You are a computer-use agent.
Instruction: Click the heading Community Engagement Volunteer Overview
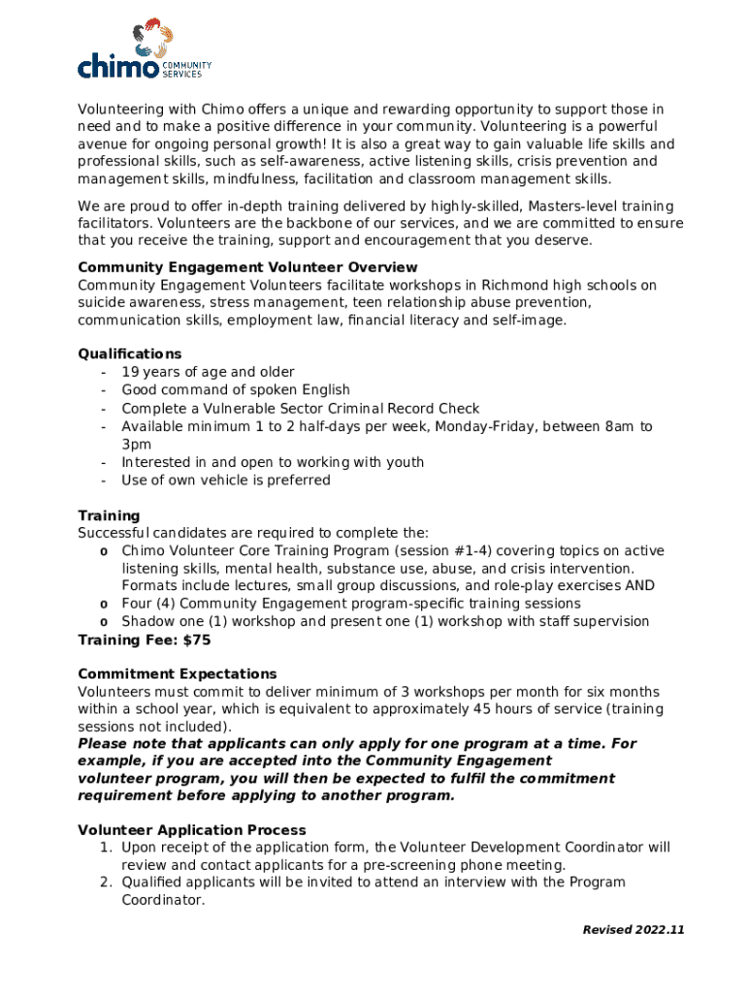click(x=247, y=267)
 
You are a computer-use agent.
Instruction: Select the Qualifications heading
click(x=129, y=354)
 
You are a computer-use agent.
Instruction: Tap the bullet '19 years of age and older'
click(x=208, y=372)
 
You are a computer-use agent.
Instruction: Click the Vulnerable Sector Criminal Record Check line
click(x=300, y=409)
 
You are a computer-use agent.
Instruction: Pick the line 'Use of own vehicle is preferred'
click(x=225, y=480)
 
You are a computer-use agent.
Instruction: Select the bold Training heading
click(x=109, y=515)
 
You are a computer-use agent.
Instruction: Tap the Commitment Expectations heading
click(x=177, y=674)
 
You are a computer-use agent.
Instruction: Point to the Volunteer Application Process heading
click(x=191, y=830)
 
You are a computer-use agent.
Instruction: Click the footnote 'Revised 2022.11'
click(x=633, y=930)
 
